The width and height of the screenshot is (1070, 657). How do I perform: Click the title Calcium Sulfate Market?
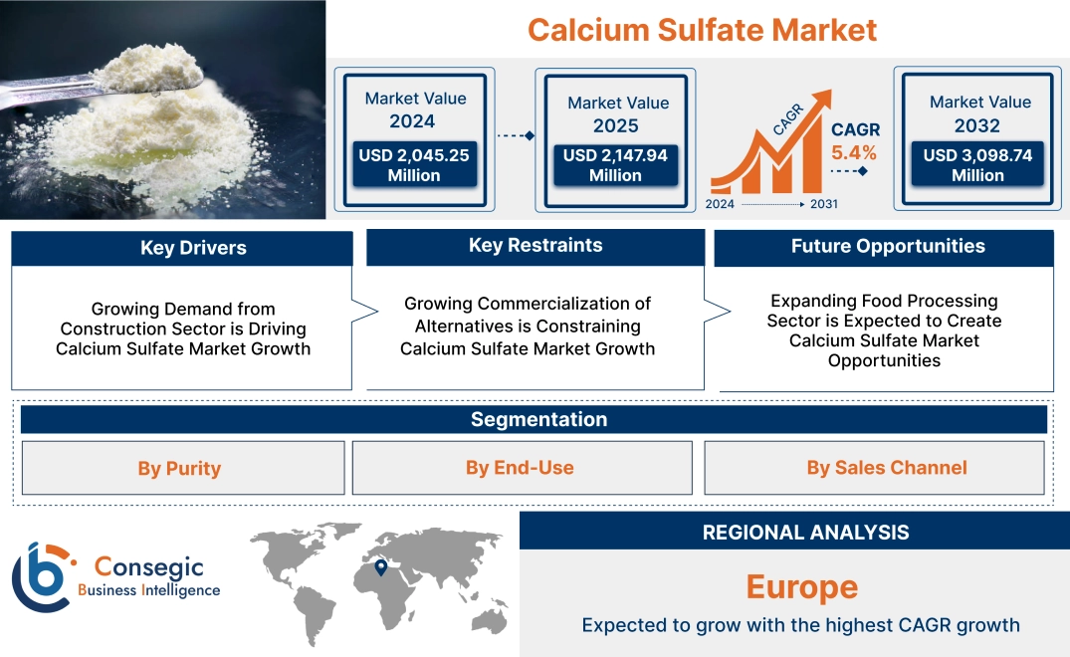702,30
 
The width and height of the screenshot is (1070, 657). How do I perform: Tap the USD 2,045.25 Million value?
414,165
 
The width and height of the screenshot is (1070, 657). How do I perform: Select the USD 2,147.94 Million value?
615,165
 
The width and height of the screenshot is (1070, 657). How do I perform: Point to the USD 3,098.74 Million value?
977,165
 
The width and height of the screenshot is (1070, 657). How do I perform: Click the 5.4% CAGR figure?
854,152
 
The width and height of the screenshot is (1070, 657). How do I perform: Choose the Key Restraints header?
535,246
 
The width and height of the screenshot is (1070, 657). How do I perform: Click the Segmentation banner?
538,419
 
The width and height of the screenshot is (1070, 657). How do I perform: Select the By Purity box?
179,468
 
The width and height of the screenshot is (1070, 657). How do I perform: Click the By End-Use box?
520,468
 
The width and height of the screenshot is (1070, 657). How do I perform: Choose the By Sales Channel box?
886,468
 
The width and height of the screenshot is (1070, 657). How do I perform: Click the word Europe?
801,586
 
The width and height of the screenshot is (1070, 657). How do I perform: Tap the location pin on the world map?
380,566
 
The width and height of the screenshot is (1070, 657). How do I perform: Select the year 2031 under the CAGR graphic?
823,204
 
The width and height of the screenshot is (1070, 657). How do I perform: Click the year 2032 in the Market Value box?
978,126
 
